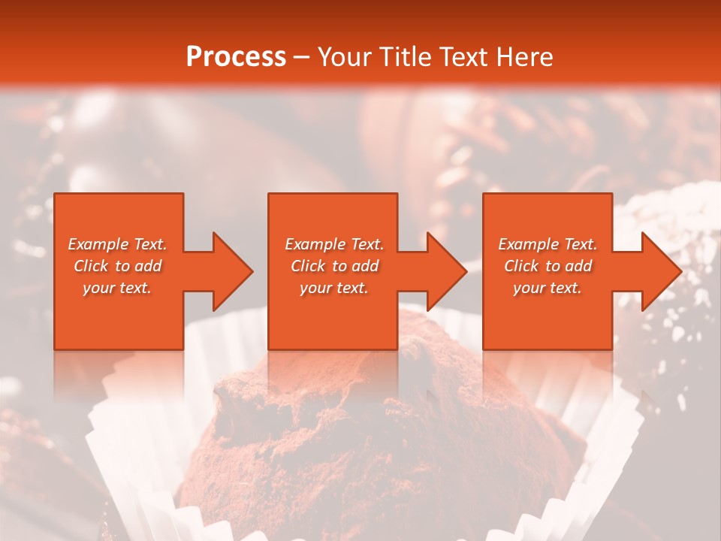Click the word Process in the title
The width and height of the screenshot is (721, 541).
tap(236, 56)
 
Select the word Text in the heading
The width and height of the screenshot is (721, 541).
tap(462, 56)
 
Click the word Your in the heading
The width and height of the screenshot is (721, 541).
tap(345, 56)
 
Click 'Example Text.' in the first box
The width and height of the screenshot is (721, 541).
tap(117, 244)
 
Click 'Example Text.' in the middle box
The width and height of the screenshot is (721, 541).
tap(334, 244)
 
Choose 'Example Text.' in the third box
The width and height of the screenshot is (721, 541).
tap(548, 244)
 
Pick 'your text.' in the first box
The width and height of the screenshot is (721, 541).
tap(117, 288)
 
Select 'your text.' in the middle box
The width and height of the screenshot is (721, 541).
tap(334, 288)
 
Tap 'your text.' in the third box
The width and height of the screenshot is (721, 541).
tap(548, 288)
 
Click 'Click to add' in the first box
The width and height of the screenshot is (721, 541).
tap(117, 266)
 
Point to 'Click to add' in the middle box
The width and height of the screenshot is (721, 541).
tap(334, 266)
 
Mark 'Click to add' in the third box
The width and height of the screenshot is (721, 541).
tap(548, 266)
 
